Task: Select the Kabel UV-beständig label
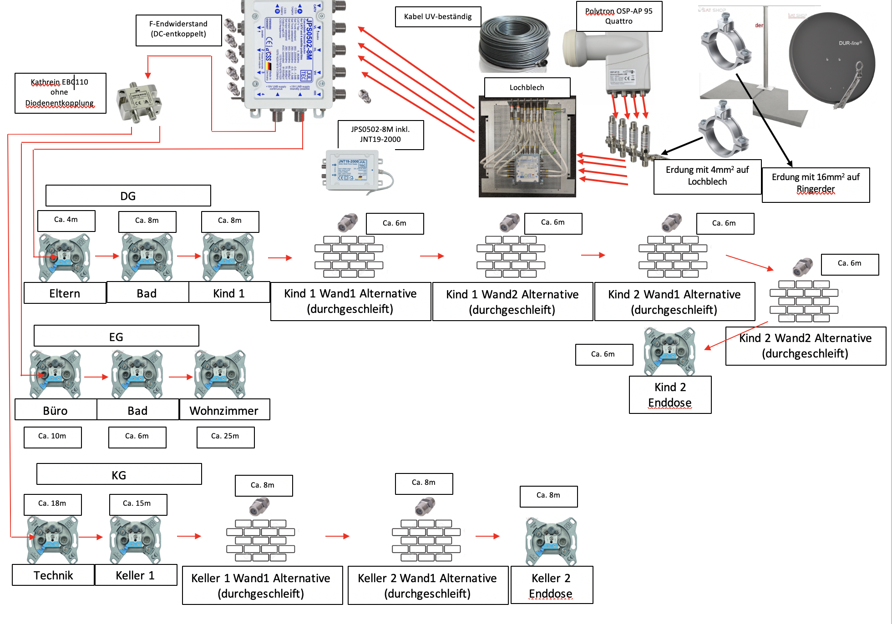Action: (x=438, y=17)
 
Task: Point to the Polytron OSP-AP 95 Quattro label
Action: (x=619, y=16)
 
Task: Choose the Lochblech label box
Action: (x=527, y=87)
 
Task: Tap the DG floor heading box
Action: (x=128, y=196)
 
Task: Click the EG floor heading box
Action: (x=116, y=336)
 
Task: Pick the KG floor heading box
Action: (x=119, y=474)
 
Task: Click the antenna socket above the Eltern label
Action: (x=64, y=257)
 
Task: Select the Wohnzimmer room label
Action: (x=224, y=410)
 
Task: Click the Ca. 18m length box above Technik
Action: (x=52, y=504)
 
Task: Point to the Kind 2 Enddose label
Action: (x=670, y=394)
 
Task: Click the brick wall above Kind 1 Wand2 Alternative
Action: (x=511, y=257)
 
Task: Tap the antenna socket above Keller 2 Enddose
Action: (x=551, y=541)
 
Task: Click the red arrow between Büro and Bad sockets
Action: (x=96, y=377)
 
